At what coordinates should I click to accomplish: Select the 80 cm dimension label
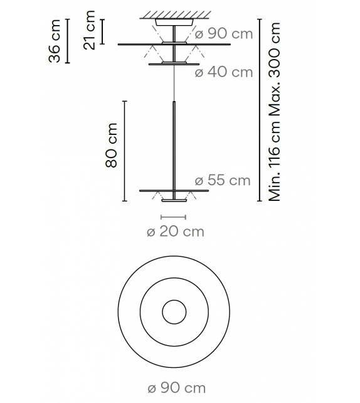(112, 149)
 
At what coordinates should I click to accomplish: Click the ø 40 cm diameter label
(224, 72)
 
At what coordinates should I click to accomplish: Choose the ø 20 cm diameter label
(175, 232)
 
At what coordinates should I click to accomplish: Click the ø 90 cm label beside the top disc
(224, 33)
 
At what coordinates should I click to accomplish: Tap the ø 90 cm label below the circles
(176, 388)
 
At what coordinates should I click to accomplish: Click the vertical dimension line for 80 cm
(125, 151)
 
